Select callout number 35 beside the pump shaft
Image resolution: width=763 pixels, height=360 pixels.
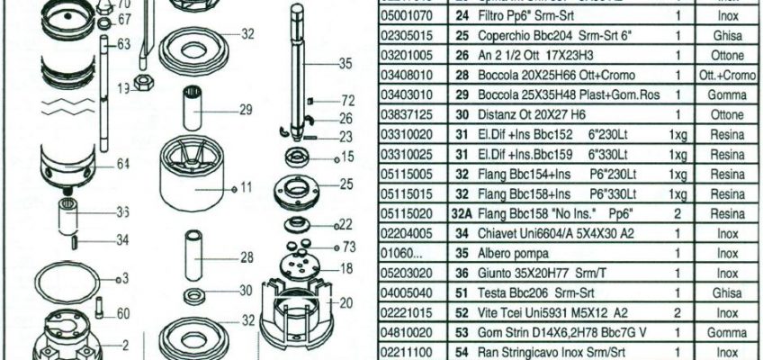[x=346, y=64]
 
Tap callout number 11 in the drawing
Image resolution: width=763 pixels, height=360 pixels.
[x=247, y=187]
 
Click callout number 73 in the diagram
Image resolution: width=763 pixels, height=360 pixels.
[x=348, y=246]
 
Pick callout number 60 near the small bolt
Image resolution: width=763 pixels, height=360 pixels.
[x=123, y=313]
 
